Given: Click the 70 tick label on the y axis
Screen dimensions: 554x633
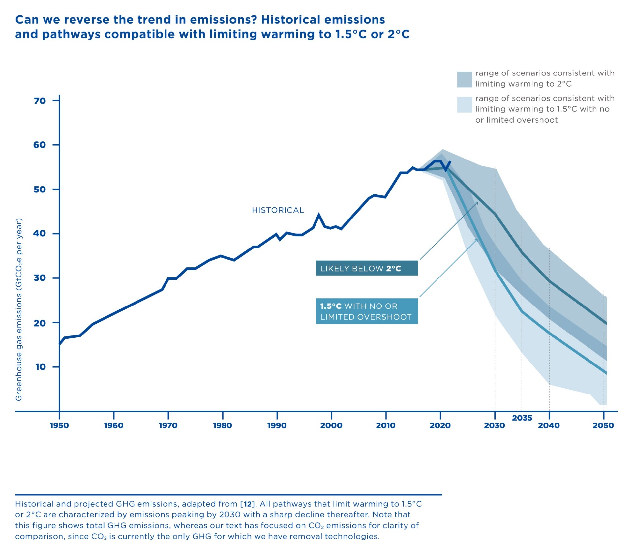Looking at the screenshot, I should pos(40,101).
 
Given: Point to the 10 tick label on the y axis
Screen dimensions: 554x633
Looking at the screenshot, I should pos(40,367).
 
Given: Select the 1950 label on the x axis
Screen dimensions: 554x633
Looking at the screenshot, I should pos(59,425).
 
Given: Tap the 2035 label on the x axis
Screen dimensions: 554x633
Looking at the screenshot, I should pos(522,418).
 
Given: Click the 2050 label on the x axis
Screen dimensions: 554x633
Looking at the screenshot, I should pos(603,425).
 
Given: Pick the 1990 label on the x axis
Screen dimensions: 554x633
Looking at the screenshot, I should pos(277,425).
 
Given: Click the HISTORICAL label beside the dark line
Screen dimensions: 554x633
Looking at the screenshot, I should pos(278,210).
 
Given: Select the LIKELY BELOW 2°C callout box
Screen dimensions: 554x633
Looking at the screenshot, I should pos(367,268).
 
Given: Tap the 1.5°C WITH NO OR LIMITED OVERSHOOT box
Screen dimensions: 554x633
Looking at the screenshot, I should pos(367,311).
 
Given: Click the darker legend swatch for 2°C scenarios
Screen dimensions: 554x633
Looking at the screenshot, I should pos(464,79).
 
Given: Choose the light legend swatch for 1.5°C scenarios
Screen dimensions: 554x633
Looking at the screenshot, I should pos(464,105).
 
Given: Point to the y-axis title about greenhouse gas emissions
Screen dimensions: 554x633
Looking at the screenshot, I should pos(19,309).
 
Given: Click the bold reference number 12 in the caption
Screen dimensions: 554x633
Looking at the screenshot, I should pos(248,504).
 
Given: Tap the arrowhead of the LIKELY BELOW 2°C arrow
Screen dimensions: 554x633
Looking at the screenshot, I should pos(477,202).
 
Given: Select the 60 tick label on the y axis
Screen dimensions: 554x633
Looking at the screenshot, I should pos(40,145).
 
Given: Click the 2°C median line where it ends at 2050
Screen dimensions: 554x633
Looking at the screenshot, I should pos(606,323).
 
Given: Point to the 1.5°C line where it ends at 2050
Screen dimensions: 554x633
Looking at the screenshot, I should pos(606,373).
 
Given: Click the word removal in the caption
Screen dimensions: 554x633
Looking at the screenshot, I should pos(307,536).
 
